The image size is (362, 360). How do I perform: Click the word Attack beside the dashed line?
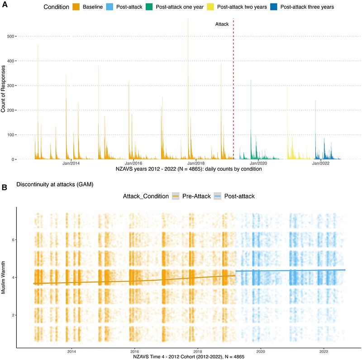point(222,24)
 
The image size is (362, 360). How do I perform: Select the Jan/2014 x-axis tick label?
point(71,163)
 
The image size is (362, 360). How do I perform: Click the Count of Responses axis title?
point(4,89)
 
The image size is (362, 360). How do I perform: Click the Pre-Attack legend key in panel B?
point(177,196)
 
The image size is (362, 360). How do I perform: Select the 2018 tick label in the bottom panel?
point(197,351)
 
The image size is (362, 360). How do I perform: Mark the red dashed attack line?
point(233,91)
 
